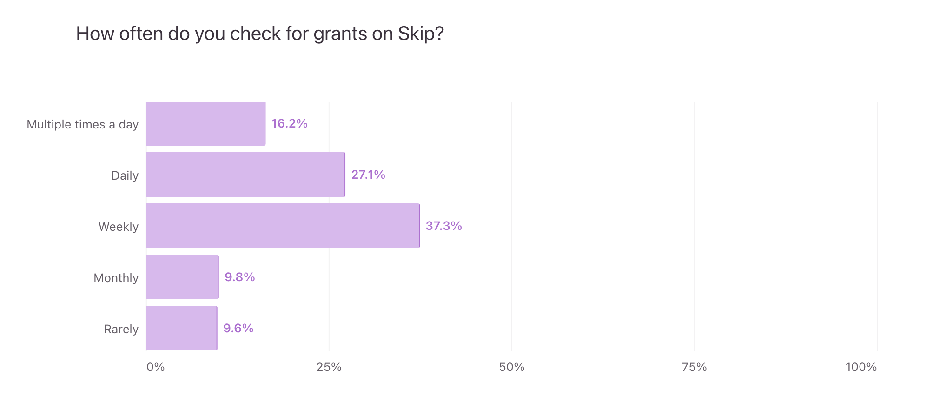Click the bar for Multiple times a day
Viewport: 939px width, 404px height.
[x=205, y=124]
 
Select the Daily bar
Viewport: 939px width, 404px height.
[x=245, y=175]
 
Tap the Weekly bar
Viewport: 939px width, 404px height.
[x=283, y=226]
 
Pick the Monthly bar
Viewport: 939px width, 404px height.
[x=182, y=277]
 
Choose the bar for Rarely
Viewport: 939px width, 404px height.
[x=181, y=328]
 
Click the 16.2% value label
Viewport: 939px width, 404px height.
[x=289, y=124]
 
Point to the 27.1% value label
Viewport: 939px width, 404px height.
[x=368, y=175]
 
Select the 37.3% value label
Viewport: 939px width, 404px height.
[x=443, y=226]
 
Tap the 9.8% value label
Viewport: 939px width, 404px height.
[x=240, y=277]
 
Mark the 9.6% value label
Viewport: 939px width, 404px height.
[x=238, y=329]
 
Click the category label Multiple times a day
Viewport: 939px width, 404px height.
[x=83, y=125]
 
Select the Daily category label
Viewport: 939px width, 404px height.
[x=125, y=176]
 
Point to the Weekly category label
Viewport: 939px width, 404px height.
[x=119, y=227]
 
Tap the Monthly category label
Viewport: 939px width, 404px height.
[x=116, y=278]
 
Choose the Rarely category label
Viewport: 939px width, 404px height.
[x=121, y=330]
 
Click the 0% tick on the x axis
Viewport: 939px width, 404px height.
[x=156, y=367]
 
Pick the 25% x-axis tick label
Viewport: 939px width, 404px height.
[x=329, y=367]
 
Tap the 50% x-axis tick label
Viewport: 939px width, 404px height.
[x=512, y=367]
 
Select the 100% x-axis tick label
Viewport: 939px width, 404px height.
[x=861, y=367]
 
